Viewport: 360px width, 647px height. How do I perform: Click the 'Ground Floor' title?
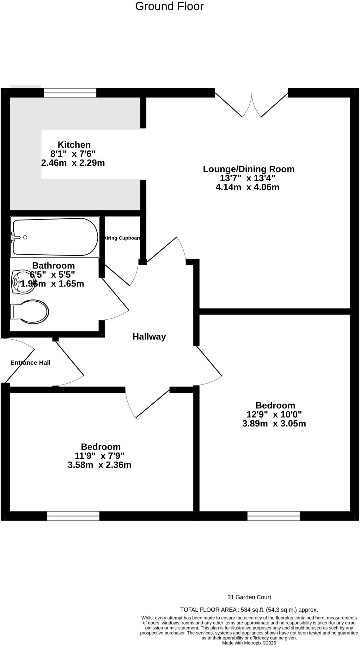point(169,6)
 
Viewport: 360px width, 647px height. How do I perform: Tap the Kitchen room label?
point(74,145)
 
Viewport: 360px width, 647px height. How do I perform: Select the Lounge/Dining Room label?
point(248,169)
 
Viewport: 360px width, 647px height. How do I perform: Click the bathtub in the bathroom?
point(55,237)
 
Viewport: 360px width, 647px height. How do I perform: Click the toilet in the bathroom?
point(30,311)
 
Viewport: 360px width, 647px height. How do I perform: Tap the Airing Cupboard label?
point(122,238)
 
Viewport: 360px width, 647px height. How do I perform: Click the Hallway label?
point(149,337)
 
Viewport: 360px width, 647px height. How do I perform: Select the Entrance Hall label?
point(30,363)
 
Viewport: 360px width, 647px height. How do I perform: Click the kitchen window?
point(70,93)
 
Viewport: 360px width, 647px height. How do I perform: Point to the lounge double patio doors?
point(252,105)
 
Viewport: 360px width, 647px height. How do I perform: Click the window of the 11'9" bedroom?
point(73,516)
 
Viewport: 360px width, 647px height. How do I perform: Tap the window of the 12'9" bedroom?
point(273,516)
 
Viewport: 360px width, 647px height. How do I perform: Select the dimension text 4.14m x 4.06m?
point(247,187)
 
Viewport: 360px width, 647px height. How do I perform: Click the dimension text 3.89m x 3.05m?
point(274,424)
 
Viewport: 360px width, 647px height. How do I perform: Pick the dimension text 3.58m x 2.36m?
point(99,465)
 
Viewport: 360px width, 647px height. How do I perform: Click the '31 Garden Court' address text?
point(249,597)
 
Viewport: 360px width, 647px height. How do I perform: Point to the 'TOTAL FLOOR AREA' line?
point(249,610)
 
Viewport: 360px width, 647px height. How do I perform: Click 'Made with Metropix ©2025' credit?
point(249,643)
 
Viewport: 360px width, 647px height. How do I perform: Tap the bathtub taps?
point(14,237)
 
